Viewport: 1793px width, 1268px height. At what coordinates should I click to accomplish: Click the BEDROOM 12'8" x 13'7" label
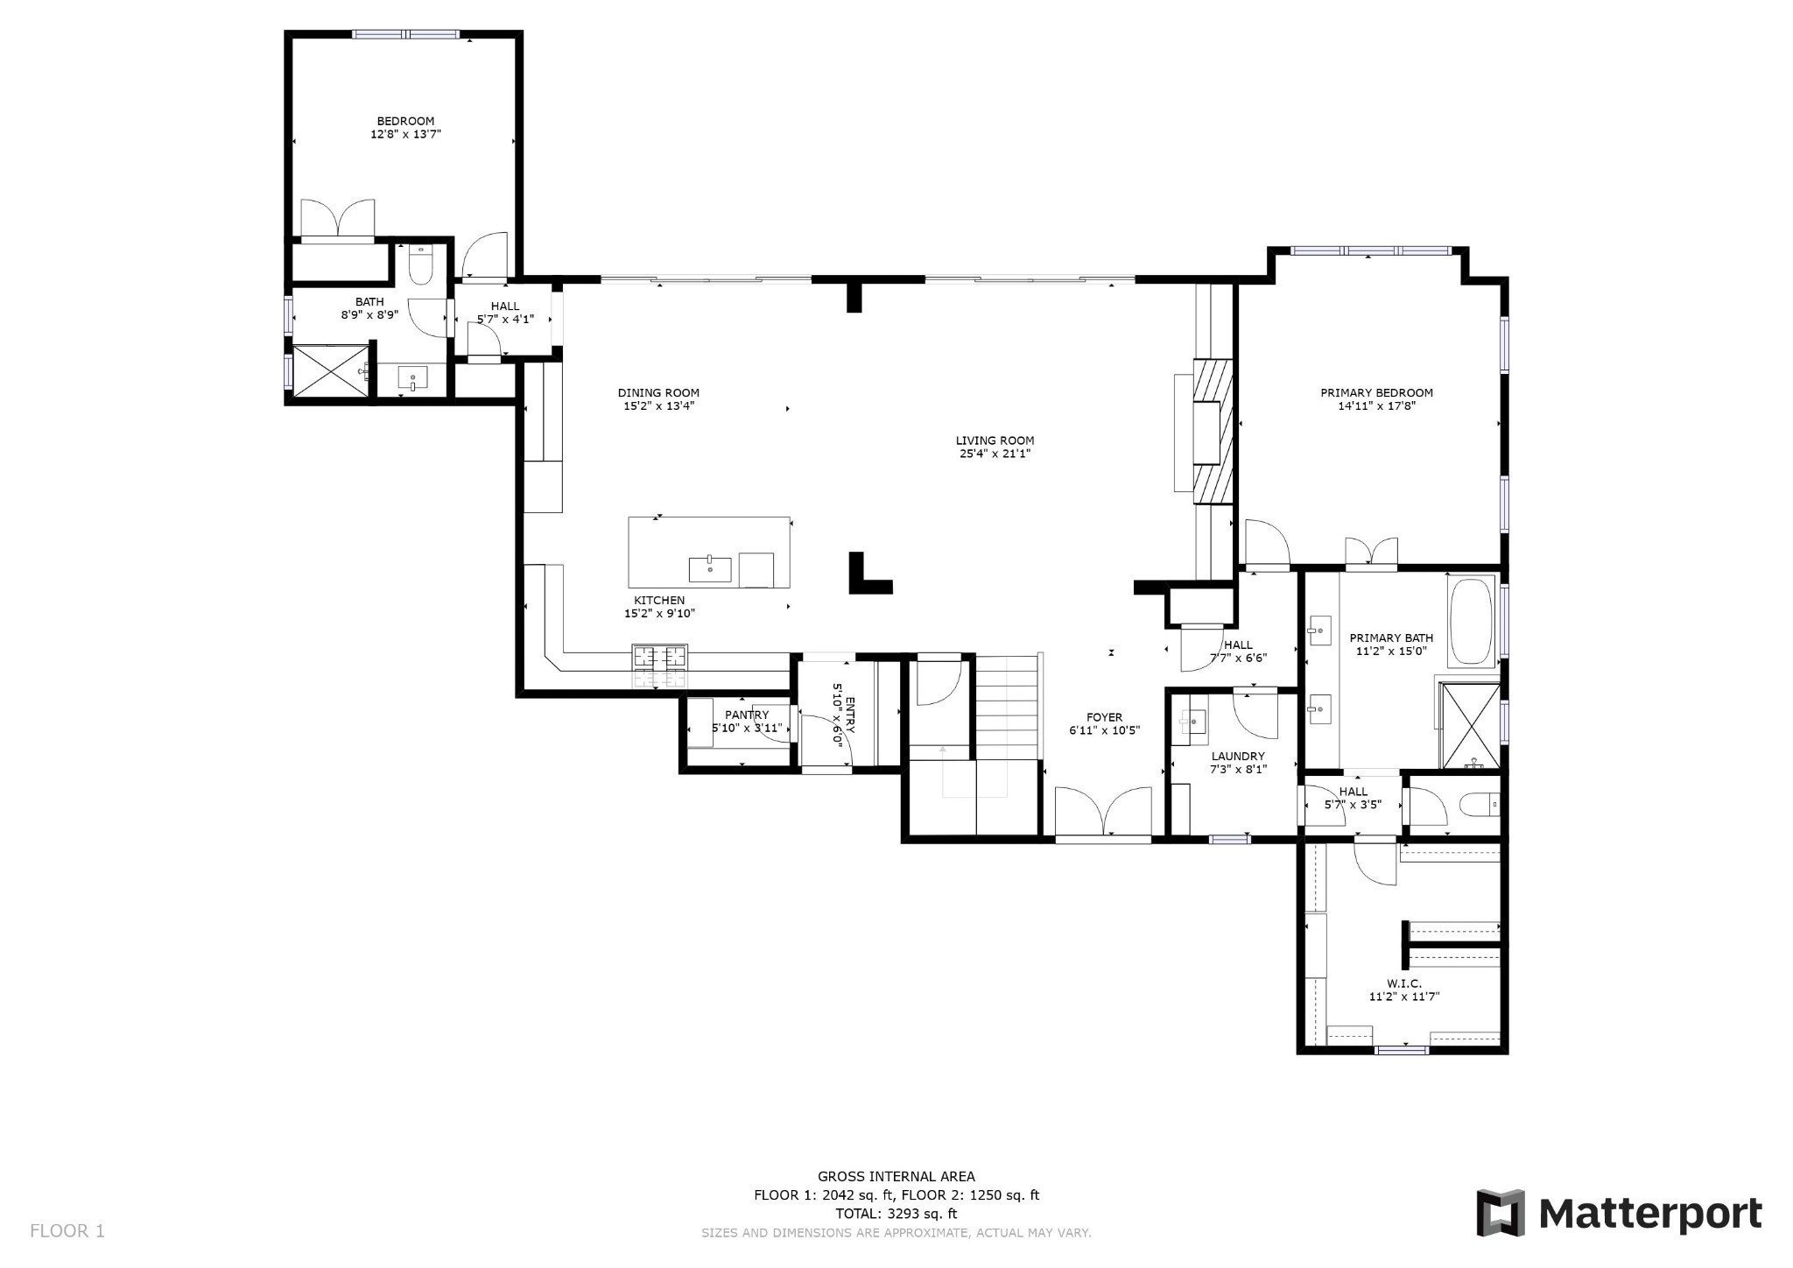405,128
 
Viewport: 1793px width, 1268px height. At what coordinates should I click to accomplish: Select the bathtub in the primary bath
1472,622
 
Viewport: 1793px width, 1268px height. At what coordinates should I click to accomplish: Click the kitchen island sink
709,569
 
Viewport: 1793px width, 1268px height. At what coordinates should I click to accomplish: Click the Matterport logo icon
1501,1213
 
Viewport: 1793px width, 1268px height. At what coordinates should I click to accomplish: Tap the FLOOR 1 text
67,1230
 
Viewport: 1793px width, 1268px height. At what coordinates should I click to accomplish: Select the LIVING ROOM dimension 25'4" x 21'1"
995,454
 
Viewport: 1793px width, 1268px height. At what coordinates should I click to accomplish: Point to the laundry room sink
1192,722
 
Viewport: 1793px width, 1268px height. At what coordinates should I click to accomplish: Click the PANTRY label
746,715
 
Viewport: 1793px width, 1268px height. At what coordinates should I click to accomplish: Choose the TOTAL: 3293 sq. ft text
896,1214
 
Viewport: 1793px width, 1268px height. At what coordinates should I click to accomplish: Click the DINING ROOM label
658,393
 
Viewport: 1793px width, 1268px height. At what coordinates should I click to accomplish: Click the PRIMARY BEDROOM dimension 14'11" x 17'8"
1376,406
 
